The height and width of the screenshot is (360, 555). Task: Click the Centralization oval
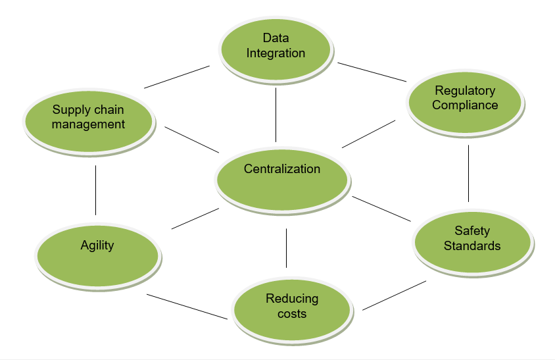282,179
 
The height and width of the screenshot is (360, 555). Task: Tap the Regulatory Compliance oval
465,99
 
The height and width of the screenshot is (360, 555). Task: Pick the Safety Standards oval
472,240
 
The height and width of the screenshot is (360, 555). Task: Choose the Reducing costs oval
292,307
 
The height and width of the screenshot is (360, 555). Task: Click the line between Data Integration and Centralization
276,114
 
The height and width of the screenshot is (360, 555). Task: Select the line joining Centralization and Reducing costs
287,247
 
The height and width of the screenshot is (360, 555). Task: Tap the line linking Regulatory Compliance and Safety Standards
468,173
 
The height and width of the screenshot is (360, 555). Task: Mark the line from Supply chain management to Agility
95,190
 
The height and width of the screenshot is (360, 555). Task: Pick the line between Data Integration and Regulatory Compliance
373,72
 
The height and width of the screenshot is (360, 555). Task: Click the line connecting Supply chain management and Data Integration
177,76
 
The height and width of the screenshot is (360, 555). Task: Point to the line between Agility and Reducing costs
187,306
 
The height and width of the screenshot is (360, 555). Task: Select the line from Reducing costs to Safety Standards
394,295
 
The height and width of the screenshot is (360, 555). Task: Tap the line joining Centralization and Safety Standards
381,209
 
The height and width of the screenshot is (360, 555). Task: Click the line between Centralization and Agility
195,219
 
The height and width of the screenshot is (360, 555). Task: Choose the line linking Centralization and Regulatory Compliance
368,134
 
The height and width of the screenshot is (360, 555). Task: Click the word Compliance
465,105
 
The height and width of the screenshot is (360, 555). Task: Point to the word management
89,124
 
